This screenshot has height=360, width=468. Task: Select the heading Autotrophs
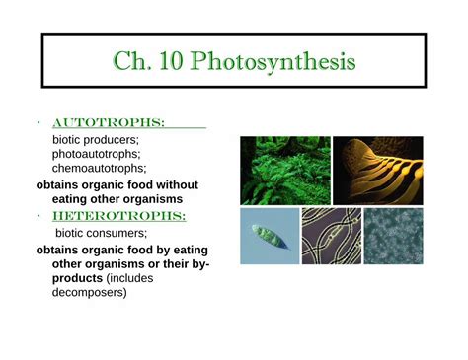(108, 123)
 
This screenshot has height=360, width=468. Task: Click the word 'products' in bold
(79, 279)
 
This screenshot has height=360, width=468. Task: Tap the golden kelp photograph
(376, 169)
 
